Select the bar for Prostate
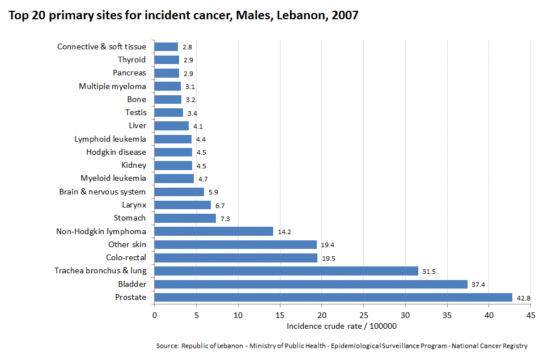point(333,297)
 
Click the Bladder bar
point(311,284)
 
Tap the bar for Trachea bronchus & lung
point(286,271)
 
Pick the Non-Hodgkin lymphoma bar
point(214,231)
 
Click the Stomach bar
point(185,218)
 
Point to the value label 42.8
point(523,298)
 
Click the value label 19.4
point(327,245)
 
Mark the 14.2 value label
point(283,231)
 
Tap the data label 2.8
point(187,47)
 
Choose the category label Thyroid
point(131,60)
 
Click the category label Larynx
point(134,205)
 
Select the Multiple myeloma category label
point(112,86)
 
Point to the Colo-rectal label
point(126,257)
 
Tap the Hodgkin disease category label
point(116,152)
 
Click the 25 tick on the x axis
point(363,315)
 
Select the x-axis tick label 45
point(530,315)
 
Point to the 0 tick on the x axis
point(154,315)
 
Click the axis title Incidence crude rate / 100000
point(341,326)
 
